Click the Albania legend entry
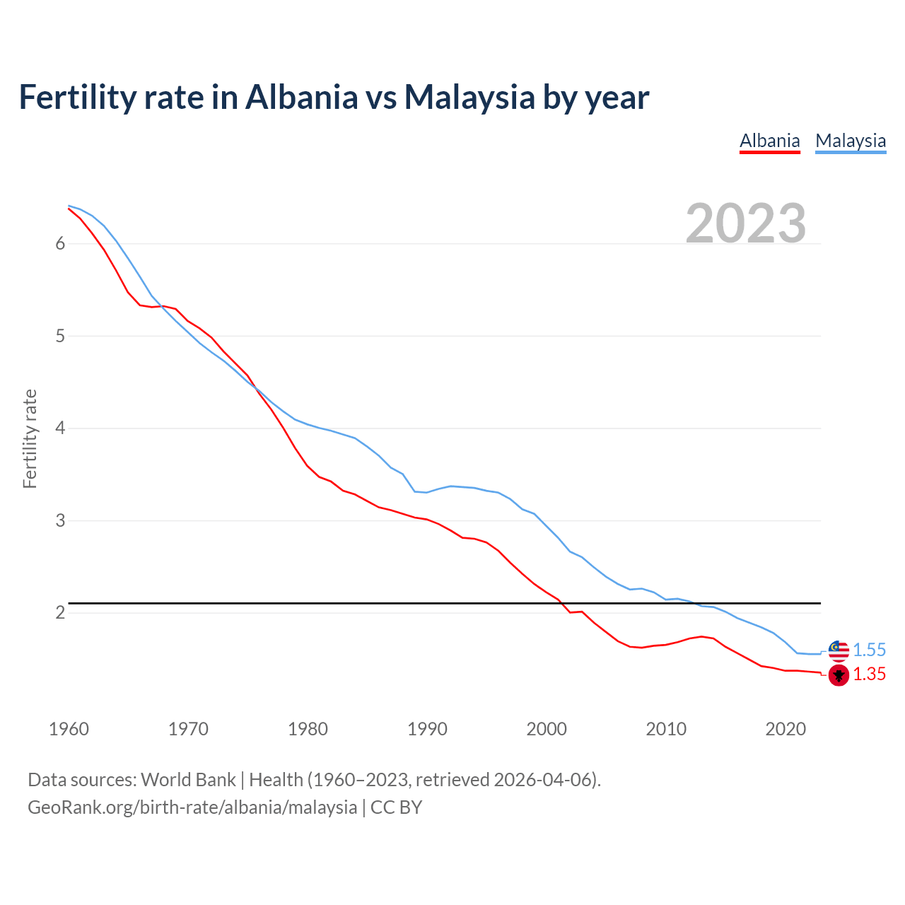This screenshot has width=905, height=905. pos(769,141)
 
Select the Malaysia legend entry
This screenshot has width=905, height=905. pos(851,141)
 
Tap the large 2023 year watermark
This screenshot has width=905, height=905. pos(746,223)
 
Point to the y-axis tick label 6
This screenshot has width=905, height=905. pos(60,244)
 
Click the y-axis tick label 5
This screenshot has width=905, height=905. pos(60,336)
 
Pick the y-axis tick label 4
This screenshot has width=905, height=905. pos(60,428)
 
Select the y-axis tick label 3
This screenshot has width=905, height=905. pos(60,521)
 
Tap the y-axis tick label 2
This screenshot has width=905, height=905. pos(60,613)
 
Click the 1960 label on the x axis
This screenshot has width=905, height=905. pos(69,729)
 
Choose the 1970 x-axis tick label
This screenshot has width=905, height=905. pos(188,729)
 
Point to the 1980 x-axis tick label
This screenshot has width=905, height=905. pos(308,729)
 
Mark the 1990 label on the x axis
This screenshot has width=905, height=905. pos(427,729)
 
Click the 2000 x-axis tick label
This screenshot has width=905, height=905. pos(547,729)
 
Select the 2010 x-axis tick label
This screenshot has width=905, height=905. pos(666,729)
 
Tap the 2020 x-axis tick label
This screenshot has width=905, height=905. pos(786,729)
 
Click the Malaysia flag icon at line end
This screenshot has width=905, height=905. pos(839,650)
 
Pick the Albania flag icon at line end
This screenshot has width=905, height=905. pos(839,675)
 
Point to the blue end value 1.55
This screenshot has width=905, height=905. pos(869,650)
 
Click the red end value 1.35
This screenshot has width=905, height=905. pos(869,675)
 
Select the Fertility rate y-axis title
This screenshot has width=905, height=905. pos(30,438)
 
